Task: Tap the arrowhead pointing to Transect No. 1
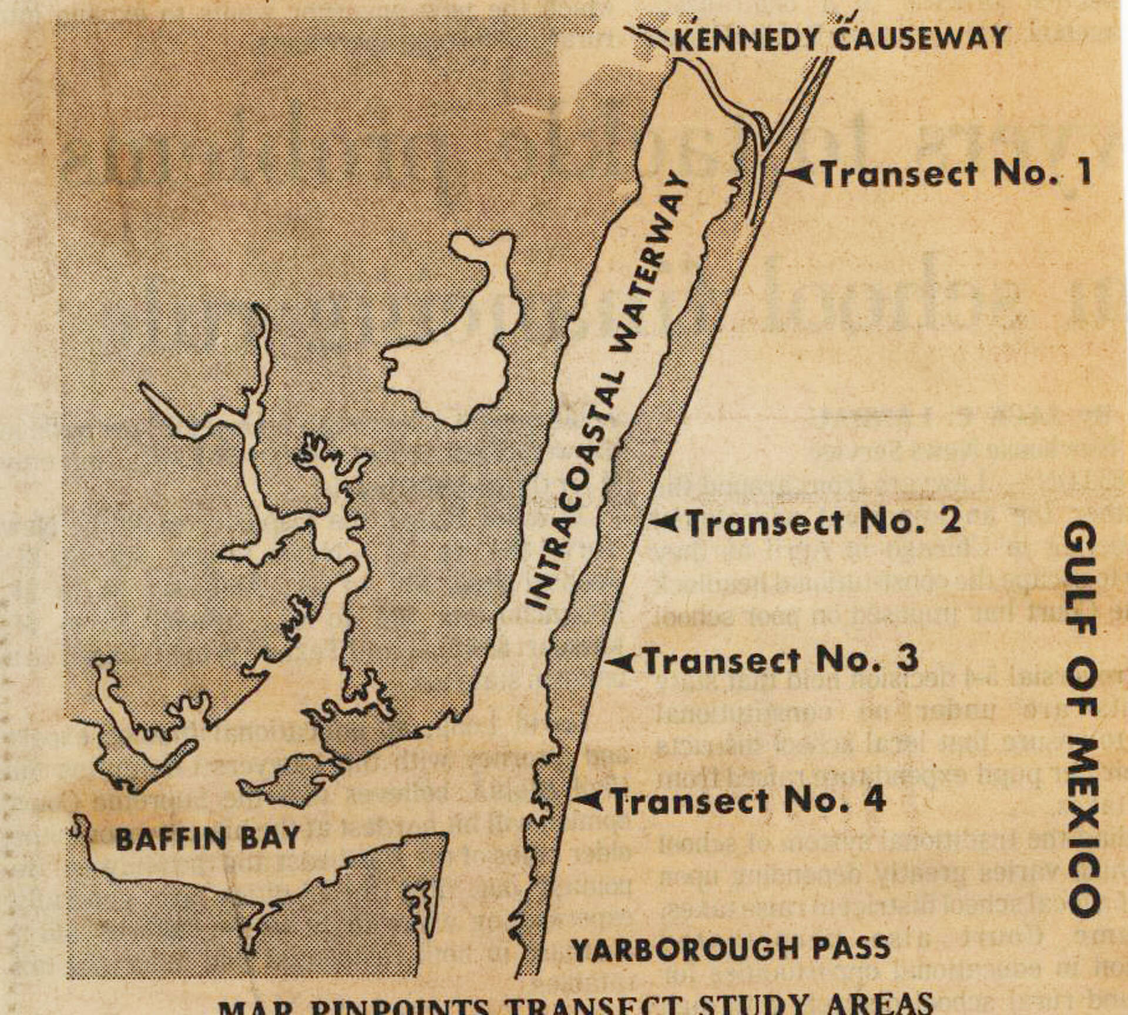point(800,174)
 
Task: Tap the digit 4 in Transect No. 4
point(874,799)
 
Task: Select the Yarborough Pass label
point(731,948)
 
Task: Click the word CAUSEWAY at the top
point(920,38)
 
